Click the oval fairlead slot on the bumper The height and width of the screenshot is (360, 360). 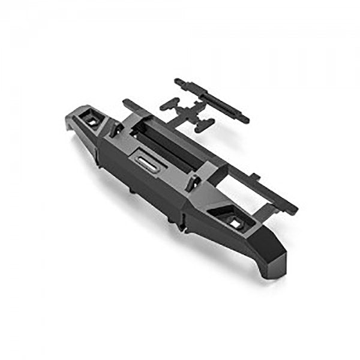145,160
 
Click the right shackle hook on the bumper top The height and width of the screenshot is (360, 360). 193,183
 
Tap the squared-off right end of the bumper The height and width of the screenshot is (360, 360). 275,252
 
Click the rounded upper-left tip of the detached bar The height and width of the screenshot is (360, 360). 178,80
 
